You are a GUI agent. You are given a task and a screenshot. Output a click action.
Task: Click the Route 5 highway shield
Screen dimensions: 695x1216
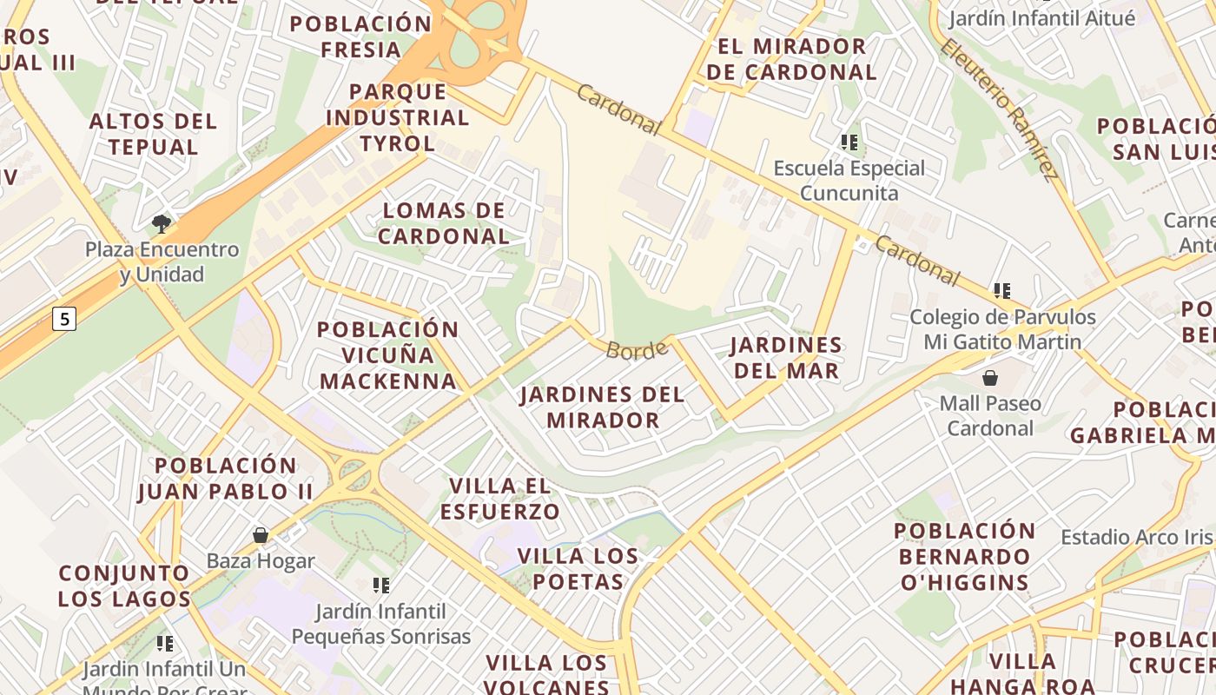pyautogui.click(x=64, y=319)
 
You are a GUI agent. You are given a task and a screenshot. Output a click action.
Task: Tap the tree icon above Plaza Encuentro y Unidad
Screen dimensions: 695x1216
pyautogui.click(x=161, y=224)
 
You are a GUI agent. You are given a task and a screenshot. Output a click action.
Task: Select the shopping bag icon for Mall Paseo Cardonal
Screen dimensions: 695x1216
pyautogui.click(x=989, y=378)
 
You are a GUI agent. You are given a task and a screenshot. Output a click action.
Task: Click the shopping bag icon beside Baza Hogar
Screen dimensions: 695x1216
pyautogui.click(x=260, y=535)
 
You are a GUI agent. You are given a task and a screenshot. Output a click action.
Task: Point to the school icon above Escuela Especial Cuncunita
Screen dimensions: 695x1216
pyautogui.click(x=849, y=142)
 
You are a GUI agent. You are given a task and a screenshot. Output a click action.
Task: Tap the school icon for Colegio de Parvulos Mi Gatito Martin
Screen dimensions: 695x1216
pyautogui.click(x=1002, y=291)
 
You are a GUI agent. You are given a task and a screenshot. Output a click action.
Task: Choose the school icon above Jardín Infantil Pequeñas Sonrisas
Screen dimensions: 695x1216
pyautogui.click(x=380, y=586)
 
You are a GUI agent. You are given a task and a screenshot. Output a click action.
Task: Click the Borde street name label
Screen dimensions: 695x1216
pyautogui.click(x=637, y=349)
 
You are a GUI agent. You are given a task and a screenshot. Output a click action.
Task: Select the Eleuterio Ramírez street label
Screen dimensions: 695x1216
pyautogui.click(x=1000, y=109)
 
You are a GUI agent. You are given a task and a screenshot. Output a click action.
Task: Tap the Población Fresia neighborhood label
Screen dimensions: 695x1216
pyautogui.click(x=360, y=36)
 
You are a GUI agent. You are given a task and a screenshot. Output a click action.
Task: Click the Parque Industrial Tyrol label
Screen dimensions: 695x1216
pyautogui.click(x=397, y=117)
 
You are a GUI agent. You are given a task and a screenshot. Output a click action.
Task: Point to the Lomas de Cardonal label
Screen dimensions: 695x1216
pyautogui.click(x=444, y=223)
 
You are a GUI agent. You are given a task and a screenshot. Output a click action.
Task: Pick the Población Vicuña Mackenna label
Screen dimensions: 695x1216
pyautogui.click(x=387, y=355)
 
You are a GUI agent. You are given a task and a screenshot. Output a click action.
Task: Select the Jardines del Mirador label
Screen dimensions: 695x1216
pyautogui.click(x=602, y=407)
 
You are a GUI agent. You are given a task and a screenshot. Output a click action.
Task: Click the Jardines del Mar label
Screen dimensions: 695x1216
pyautogui.click(x=786, y=358)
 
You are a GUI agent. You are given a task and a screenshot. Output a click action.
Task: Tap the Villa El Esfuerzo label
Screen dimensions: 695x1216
pyautogui.click(x=499, y=499)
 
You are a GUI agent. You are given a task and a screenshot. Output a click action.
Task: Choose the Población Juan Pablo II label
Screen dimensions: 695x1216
pyautogui.click(x=226, y=479)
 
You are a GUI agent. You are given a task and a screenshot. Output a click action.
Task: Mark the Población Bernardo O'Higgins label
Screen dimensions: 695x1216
pyautogui.click(x=964, y=556)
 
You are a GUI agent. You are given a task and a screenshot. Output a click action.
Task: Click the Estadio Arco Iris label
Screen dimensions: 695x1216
pyautogui.click(x=1136, y=537)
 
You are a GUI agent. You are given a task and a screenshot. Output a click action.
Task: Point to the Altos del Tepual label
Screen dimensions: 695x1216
pyautogui.click(x=153, y=134)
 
